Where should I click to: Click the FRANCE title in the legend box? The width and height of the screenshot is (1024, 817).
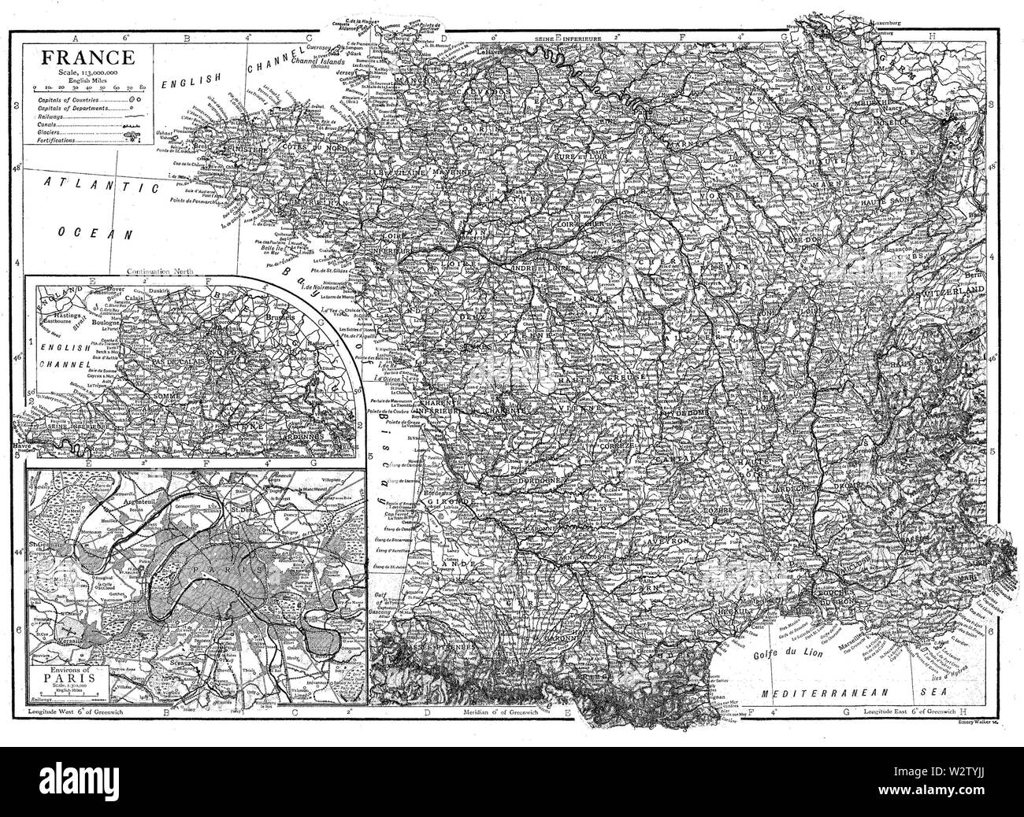(x=76, y=57)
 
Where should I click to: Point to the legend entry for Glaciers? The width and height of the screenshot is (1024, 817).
(x=49, y=131)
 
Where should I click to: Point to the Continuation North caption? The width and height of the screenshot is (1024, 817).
(x=176, y=272)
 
